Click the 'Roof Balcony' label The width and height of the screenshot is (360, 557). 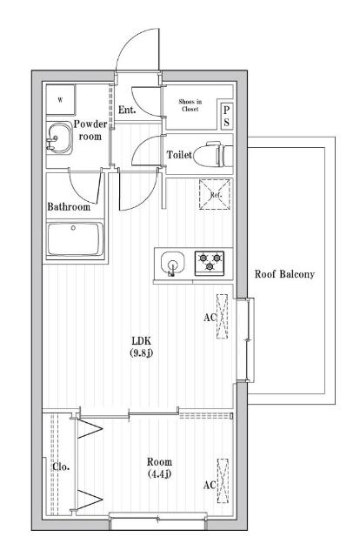click(283, 274)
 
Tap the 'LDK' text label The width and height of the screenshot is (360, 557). click(143, 339)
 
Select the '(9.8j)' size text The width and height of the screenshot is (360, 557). click(143, 352)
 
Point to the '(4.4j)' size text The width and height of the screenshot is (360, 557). click(159, 474)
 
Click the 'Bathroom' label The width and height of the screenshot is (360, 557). click(69, 207)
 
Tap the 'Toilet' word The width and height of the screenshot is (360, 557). click(179, 154)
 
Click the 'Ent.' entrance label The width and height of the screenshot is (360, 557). click(127, 110)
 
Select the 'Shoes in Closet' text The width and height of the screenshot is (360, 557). click(190, 105)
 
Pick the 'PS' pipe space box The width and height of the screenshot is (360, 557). click(226, 116)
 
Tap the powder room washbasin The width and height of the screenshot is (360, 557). click(59, 138)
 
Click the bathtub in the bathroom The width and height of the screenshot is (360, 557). click(75, 239)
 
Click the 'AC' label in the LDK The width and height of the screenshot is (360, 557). click(210, 318)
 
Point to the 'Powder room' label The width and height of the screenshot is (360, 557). click(90, 130)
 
